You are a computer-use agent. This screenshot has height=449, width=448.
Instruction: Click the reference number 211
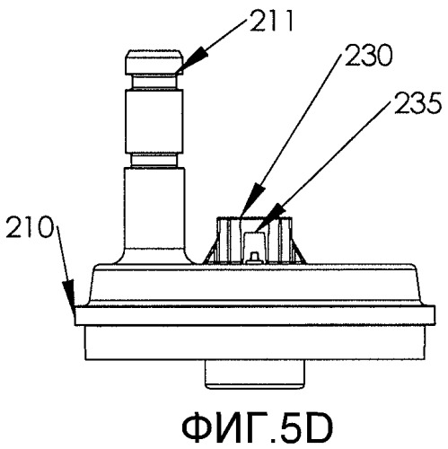[x=271, y=22]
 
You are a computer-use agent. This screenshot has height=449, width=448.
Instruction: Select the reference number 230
[x=368, y=56]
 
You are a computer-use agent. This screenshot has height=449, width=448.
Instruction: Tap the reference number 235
[x=418, y=103]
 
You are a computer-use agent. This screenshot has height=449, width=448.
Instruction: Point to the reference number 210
[x=30, y=227]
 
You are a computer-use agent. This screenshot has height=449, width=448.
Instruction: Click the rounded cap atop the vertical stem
[x=154, y=62]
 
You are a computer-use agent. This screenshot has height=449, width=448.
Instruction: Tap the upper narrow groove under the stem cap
[x=154, y=82]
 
